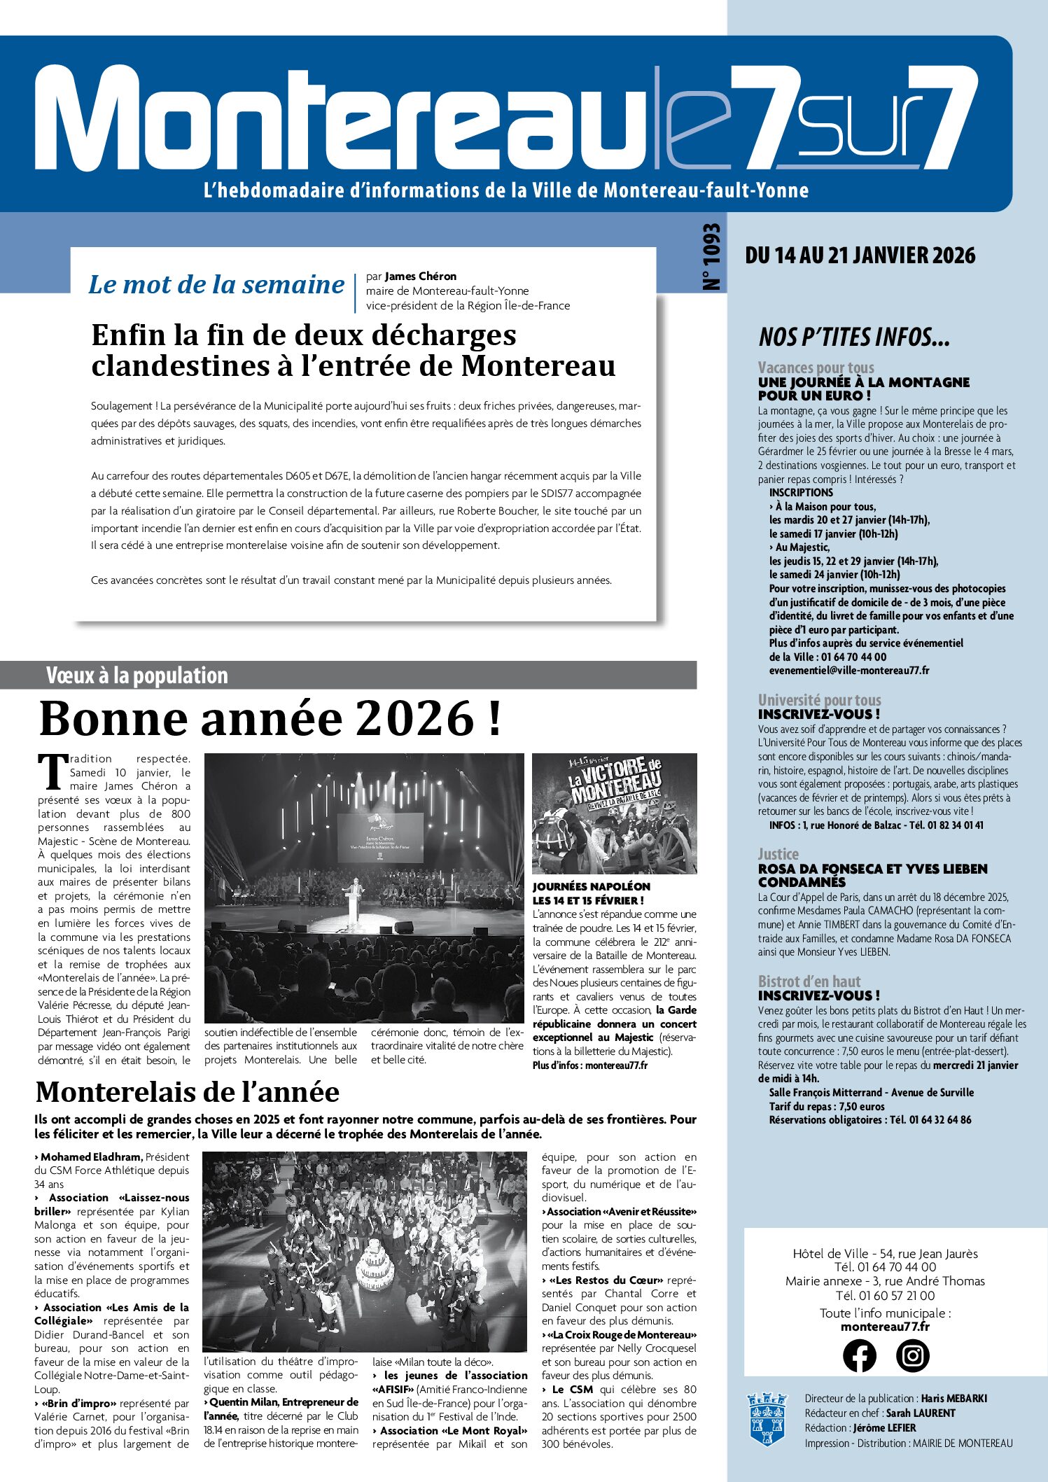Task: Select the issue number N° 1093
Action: pos(711,257)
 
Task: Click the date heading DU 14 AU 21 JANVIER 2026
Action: pos(860,256)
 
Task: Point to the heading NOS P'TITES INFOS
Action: pos(854,337)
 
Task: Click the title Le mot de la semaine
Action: pos(216,284)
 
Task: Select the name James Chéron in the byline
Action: pos(420,277)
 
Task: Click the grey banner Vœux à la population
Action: pos(137,676)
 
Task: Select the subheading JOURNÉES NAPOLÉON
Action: pos(591,886)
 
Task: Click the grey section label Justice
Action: pos(778,854)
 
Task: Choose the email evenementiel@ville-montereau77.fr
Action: pos(848,670)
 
